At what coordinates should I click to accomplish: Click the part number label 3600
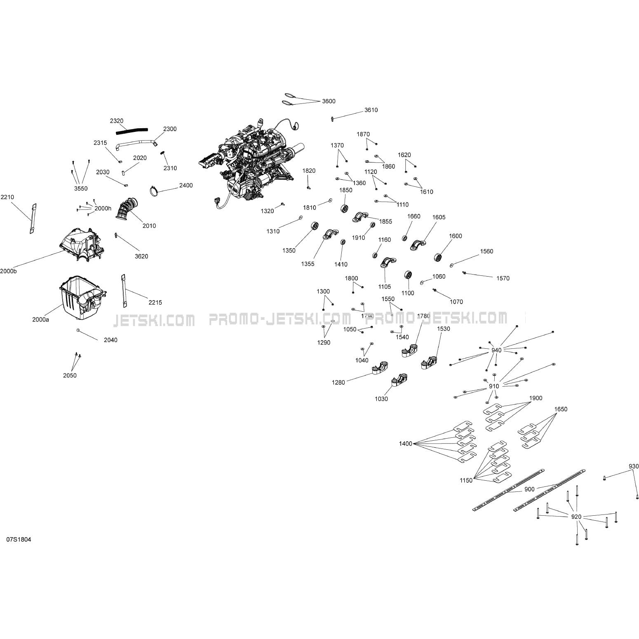click(x=329, y=101)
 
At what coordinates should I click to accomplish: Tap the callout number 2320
click(x=117, y=121)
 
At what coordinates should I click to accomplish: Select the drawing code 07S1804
click(x=19, y=539)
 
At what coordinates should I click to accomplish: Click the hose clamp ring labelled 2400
click(x=155, y=191)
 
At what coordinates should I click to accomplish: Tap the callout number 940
click(x=496, y=350)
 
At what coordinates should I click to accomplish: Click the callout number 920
click(x=576, y=517)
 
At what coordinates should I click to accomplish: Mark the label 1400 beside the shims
click(x=406, y=444)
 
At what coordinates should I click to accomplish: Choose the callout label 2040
click(x=110, y=340)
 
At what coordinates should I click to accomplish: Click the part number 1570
click(x=503, y=278)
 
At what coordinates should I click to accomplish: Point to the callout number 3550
click(x=81, y=188)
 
